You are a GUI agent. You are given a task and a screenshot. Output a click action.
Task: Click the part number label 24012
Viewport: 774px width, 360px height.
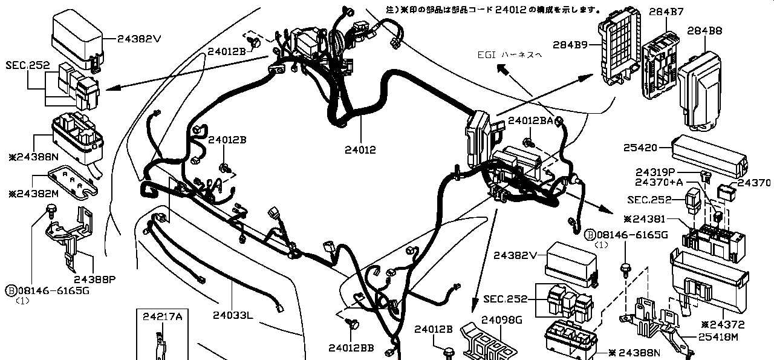(x=360, y=149)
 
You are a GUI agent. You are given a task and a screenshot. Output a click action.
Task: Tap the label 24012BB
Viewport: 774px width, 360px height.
(x=351, y=347)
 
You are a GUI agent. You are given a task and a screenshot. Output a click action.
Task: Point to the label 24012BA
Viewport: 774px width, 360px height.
(x=530, y=121)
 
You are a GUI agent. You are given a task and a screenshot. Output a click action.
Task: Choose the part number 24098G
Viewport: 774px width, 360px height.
(x=502, y=319)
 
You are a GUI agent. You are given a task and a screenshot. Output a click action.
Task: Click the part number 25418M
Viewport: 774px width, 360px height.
(x=718, y=337)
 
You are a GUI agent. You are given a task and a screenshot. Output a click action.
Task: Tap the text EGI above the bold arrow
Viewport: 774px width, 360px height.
(x=486, y=54)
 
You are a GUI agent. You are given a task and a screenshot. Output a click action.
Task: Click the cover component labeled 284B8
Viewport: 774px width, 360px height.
(x=700, y=91)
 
